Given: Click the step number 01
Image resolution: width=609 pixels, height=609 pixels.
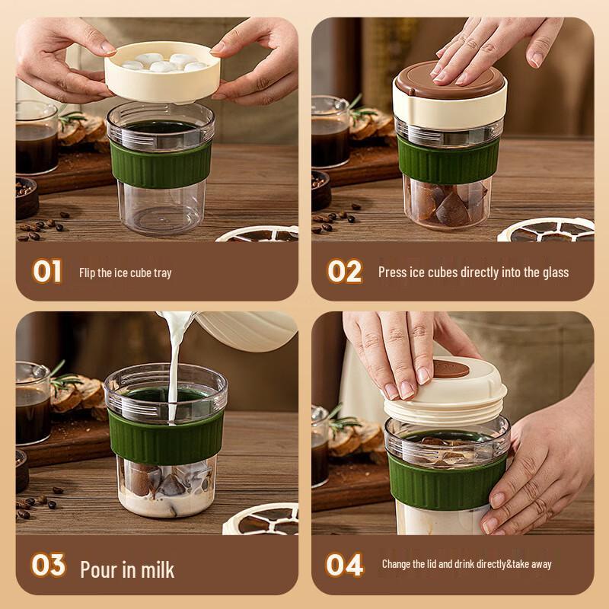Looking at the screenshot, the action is coord(47,271).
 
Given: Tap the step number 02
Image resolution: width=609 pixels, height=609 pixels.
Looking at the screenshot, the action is coord(345,271).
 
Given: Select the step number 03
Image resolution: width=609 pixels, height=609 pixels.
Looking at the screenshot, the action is coord(48,565).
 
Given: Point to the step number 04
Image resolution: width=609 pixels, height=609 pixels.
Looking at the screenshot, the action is coord(345,565).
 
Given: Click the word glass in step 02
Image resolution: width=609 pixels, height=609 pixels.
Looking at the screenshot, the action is coord(556,273).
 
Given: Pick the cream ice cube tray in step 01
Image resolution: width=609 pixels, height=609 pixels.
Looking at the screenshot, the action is coord(162,72).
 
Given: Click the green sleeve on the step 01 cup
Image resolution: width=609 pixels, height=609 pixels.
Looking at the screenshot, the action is coord(161,164).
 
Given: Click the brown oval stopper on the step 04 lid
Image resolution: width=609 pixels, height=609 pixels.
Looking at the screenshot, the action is coord(451,369).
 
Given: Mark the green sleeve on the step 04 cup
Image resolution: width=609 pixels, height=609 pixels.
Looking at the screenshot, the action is coord(447,482).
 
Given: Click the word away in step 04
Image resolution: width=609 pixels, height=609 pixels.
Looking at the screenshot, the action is coord(541,564).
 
